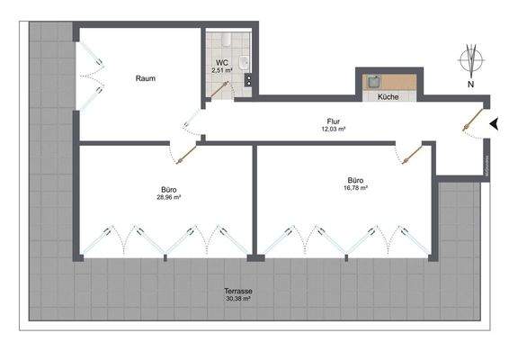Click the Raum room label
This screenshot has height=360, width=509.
pyautogui.click(x=146, y=78)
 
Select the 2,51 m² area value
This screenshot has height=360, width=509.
pyautogui.click(x=221, y=69)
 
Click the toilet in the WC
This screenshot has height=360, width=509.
pyautogui.click(x=226, y=39)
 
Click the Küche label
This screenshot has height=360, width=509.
pyautogui.click(x=388, y=95)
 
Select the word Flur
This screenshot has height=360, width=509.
pyautogui.click(x=333, y=121)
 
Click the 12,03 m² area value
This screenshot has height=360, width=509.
pyautogui.click(x=333, y=129)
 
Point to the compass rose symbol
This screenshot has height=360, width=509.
pyautogui.click(x=471, y=61)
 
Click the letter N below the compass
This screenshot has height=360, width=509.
pyautogui.click(x=471, y=85)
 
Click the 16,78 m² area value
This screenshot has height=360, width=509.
pyautogui.click(x=357, y=187)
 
